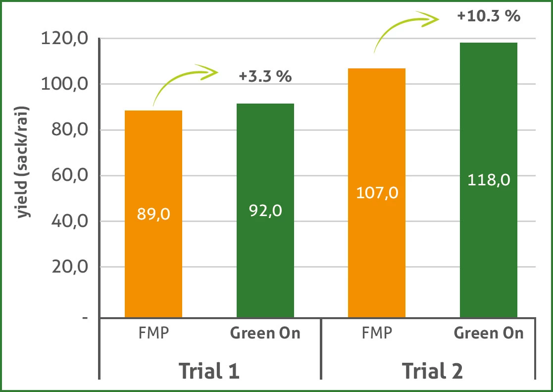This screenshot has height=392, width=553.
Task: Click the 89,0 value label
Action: (x=153, y=214)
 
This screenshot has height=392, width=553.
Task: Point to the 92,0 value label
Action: (x=265, y=211)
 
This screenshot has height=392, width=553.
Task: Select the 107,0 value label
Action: (x=377, y=192)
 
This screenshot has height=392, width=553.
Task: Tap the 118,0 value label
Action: (x=489, y=179)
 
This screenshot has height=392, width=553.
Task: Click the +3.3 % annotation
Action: (x=265, y=77)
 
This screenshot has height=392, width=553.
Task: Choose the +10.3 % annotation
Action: (x=489, y=16)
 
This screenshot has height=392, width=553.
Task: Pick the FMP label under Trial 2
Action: (x=377, y=333)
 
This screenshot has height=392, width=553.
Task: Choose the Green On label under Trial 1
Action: (x=265, y=333)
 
